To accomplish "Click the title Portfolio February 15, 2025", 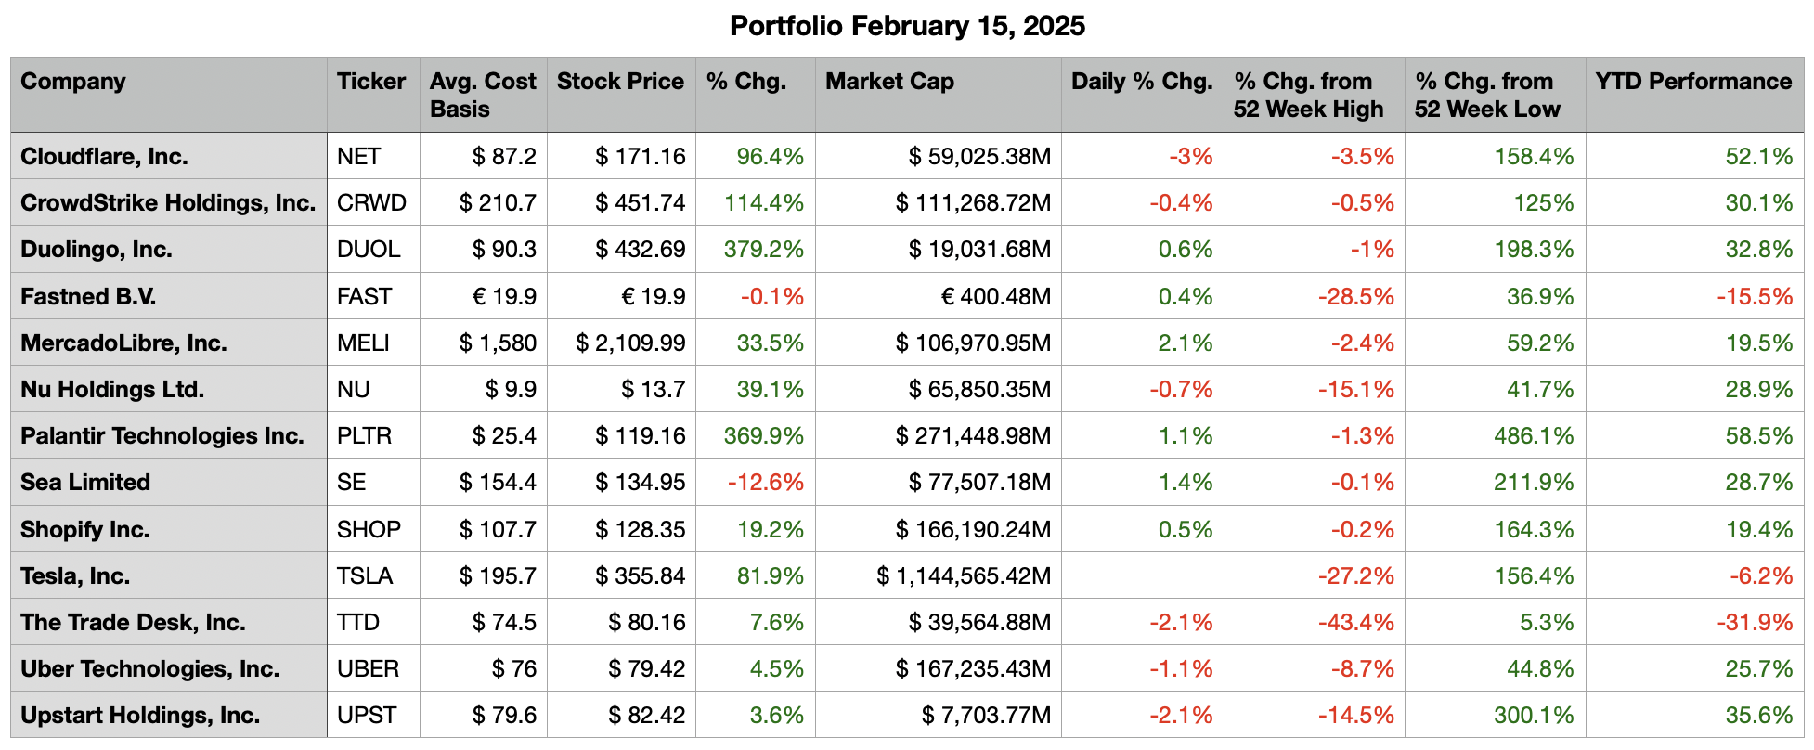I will (907, 26).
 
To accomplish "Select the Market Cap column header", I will (889, 82).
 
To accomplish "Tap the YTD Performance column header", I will (1693, 82).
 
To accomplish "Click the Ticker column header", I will (371, 82).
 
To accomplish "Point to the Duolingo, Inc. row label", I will (97, 250).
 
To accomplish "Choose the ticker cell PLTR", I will (365, 436).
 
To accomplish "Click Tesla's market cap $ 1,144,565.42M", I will (964, 576).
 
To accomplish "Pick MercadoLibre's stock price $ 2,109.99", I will (630, 343).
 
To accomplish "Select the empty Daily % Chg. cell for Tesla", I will (1142, 576).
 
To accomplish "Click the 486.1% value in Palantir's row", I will (1534, 436).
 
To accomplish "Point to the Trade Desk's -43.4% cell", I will (1355, 623).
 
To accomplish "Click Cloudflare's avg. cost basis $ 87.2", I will (504, 157).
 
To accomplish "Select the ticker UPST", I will (367, 716).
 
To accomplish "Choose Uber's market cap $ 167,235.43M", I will (973, 669).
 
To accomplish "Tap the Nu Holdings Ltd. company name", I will (112, 390).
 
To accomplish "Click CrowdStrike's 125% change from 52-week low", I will (1544, 203).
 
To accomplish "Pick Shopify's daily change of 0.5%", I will (1186, 530).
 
